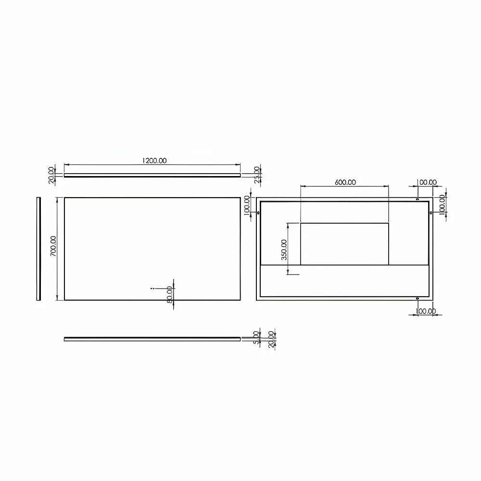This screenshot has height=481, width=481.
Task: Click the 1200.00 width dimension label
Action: coord(154,161)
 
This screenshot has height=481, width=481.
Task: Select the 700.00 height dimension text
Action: coord(53,245)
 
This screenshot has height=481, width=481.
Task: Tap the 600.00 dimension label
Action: coord(345,182)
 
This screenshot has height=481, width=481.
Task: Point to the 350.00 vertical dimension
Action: coord(284,250)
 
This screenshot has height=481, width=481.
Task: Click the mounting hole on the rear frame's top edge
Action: coord(417,199)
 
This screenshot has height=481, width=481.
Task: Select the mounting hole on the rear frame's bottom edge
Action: coord(417,299)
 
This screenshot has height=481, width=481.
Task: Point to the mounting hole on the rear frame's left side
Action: coord(259,213)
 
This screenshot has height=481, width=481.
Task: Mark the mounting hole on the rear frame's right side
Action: coord(431,213)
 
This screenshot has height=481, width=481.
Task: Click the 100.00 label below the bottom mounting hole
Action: coord(426,311)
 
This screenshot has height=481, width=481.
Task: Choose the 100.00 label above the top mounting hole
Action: coord(426,182)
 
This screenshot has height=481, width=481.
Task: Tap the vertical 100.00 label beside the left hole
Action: coord(247,206)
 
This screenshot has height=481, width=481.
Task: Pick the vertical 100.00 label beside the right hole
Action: coord(442,206)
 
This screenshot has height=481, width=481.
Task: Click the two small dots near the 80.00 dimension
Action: coord(152,288)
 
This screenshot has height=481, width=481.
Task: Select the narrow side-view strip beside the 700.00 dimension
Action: coord(38,248)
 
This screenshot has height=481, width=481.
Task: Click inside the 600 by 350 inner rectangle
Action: coord(344,243)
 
